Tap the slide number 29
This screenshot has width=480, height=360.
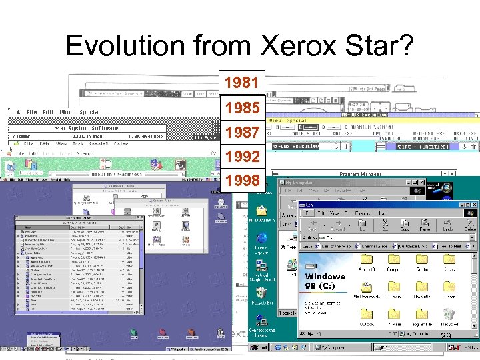tap(446, 335)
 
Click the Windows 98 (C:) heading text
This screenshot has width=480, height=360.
tap(325, 281)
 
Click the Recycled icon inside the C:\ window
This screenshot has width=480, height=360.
tap(451, 316)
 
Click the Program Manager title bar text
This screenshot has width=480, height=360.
tap(361, 175)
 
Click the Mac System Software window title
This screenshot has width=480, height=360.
tap(87, 127)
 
